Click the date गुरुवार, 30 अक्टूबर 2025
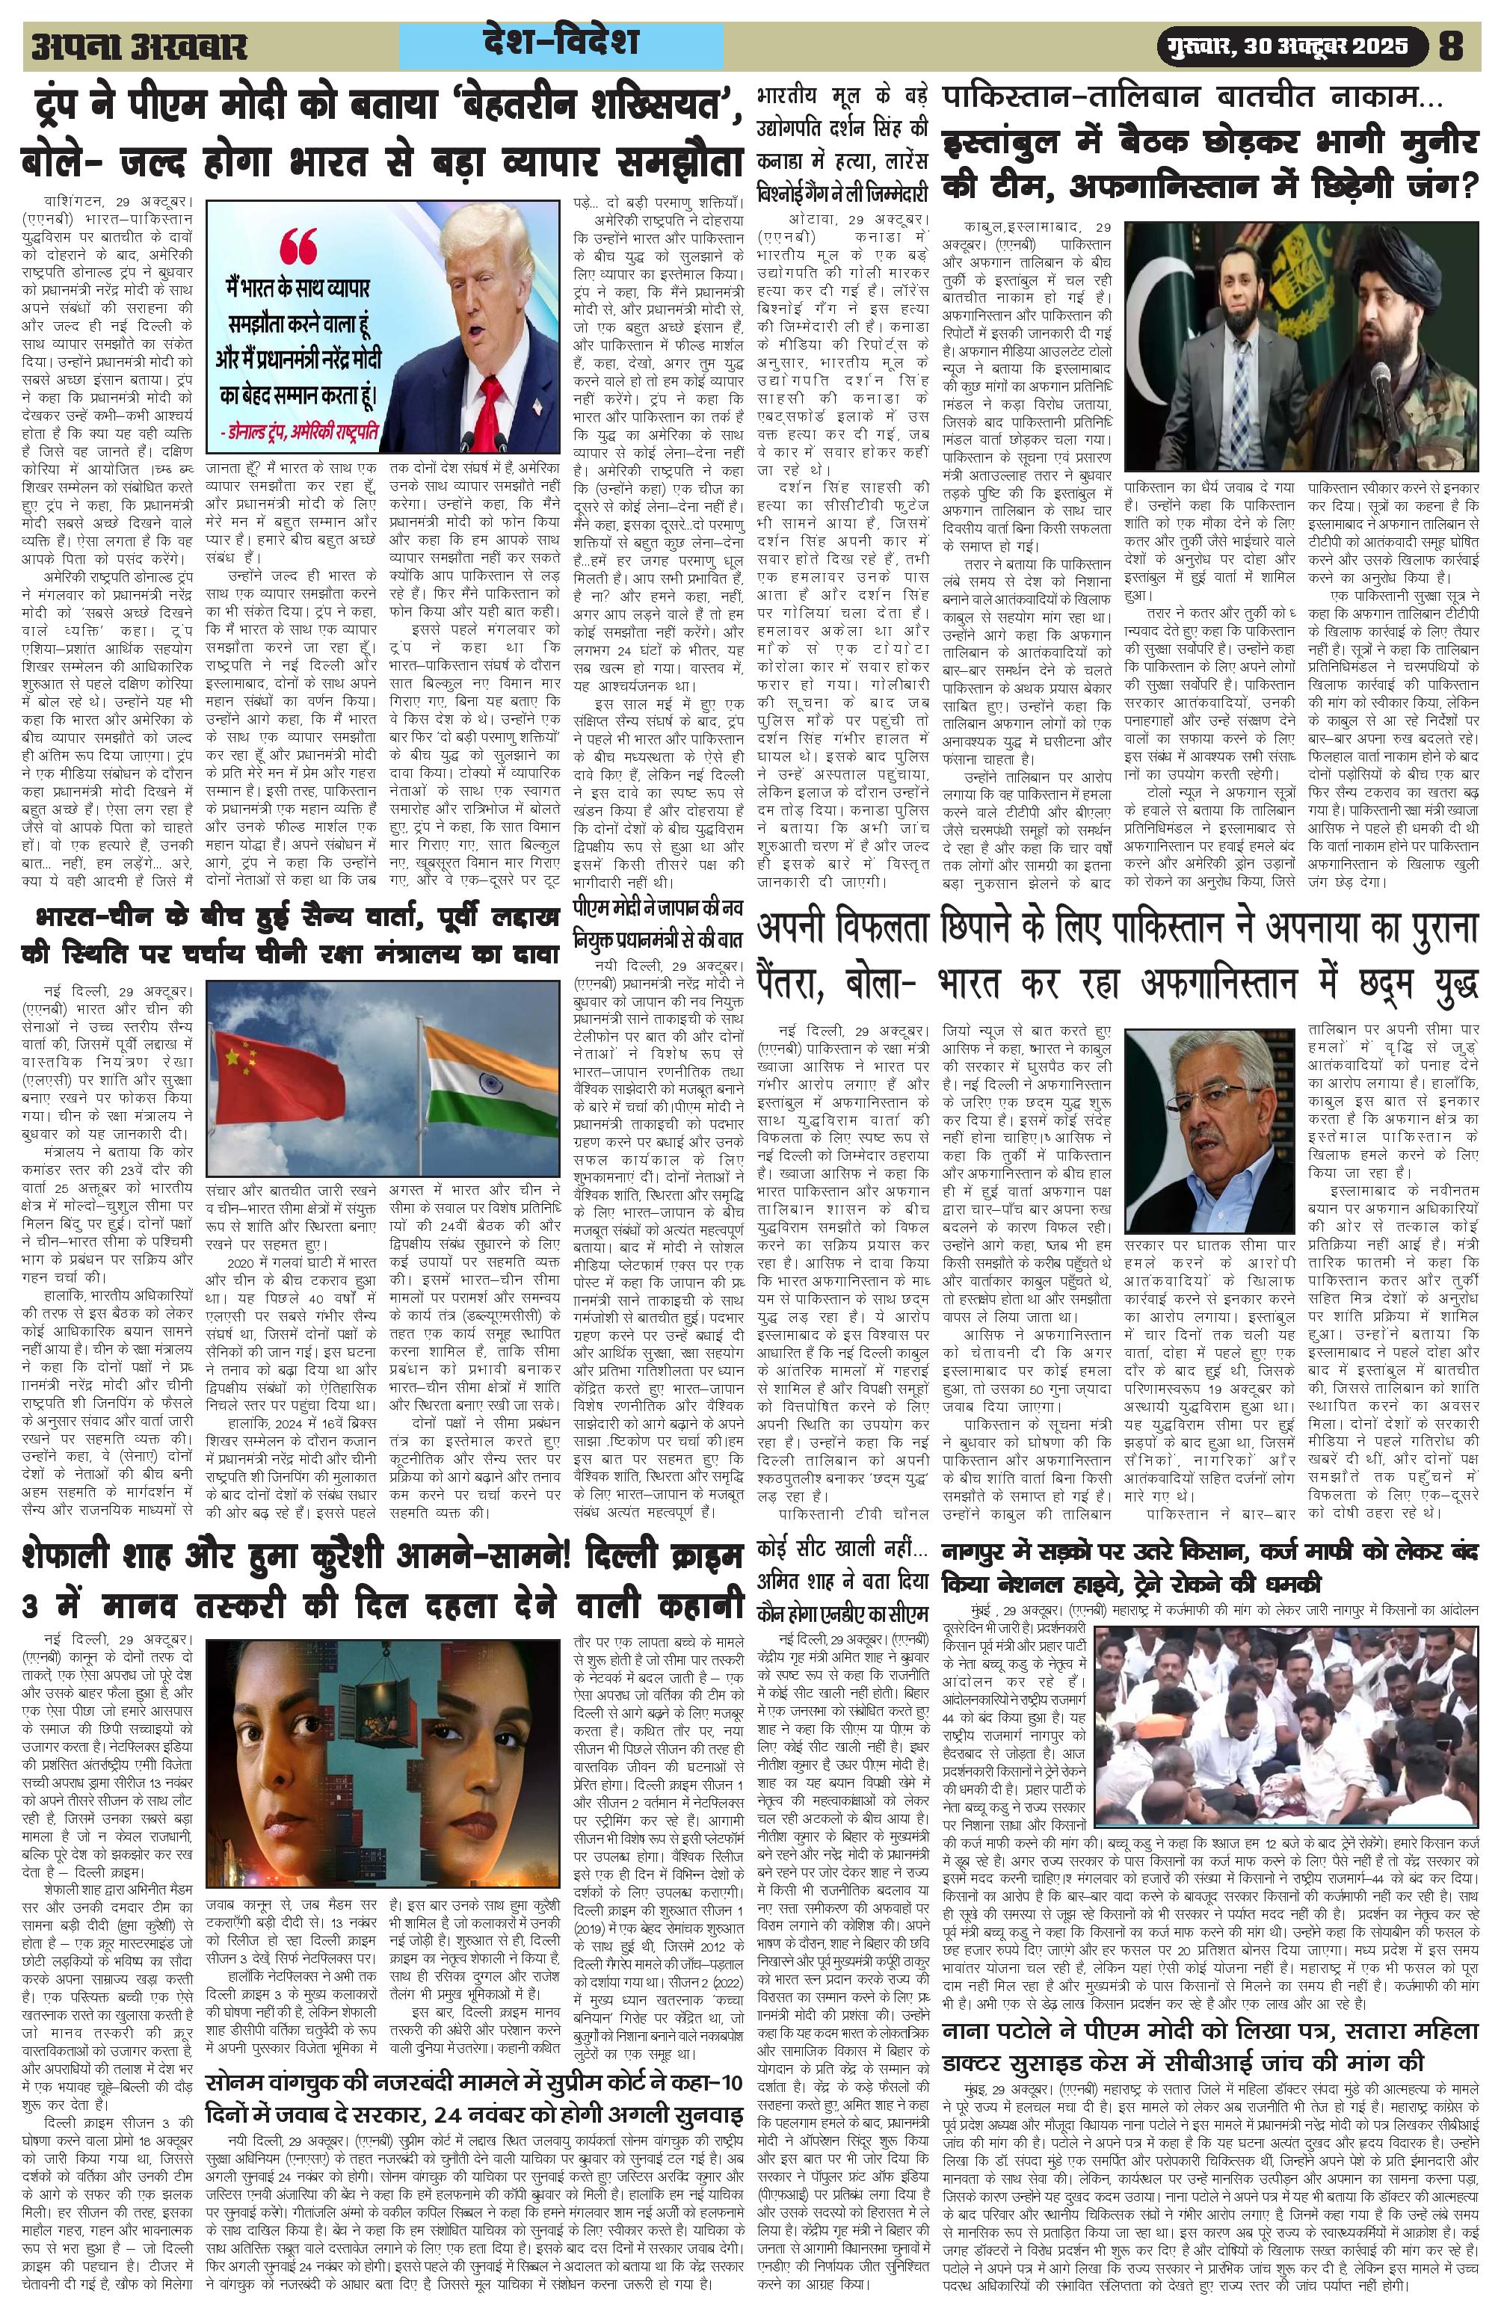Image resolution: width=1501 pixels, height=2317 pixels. tap(1297, 46)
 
